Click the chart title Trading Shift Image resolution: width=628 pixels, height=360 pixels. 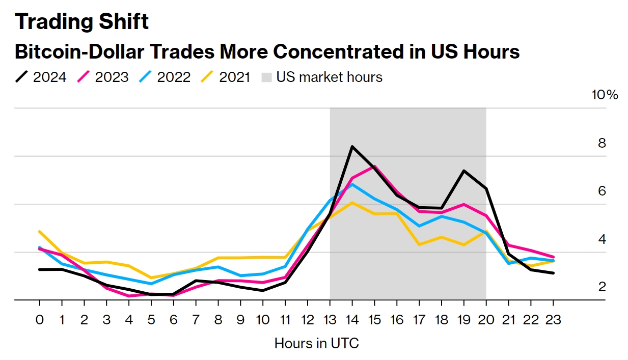[81, 21]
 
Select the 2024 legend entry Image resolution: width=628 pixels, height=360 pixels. [41, 77]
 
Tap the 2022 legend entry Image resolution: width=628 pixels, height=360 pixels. [166, 77]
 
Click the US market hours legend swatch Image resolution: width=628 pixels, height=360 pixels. [267, 77]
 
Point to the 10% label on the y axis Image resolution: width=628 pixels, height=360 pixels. [605, 95]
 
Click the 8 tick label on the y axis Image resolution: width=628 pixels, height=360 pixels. [602, 143]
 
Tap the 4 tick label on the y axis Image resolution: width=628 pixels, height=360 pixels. [602, 239]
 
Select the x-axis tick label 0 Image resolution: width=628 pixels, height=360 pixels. [40, 320]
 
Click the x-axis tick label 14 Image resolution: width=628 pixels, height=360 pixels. [352, 320]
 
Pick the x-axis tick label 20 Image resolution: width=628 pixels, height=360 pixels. [486, 320]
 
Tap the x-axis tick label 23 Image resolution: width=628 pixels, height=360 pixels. [553, 320]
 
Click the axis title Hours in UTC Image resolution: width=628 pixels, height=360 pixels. [316, 343]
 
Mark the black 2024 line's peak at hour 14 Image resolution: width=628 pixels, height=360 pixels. [352, 147]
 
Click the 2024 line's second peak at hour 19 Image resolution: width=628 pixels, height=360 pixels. [463, 171]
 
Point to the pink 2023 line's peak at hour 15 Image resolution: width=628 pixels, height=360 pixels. [374, 166]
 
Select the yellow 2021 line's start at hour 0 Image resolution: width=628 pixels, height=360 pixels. [40, 232]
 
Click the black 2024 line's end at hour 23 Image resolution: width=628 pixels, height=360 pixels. [553, 273]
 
